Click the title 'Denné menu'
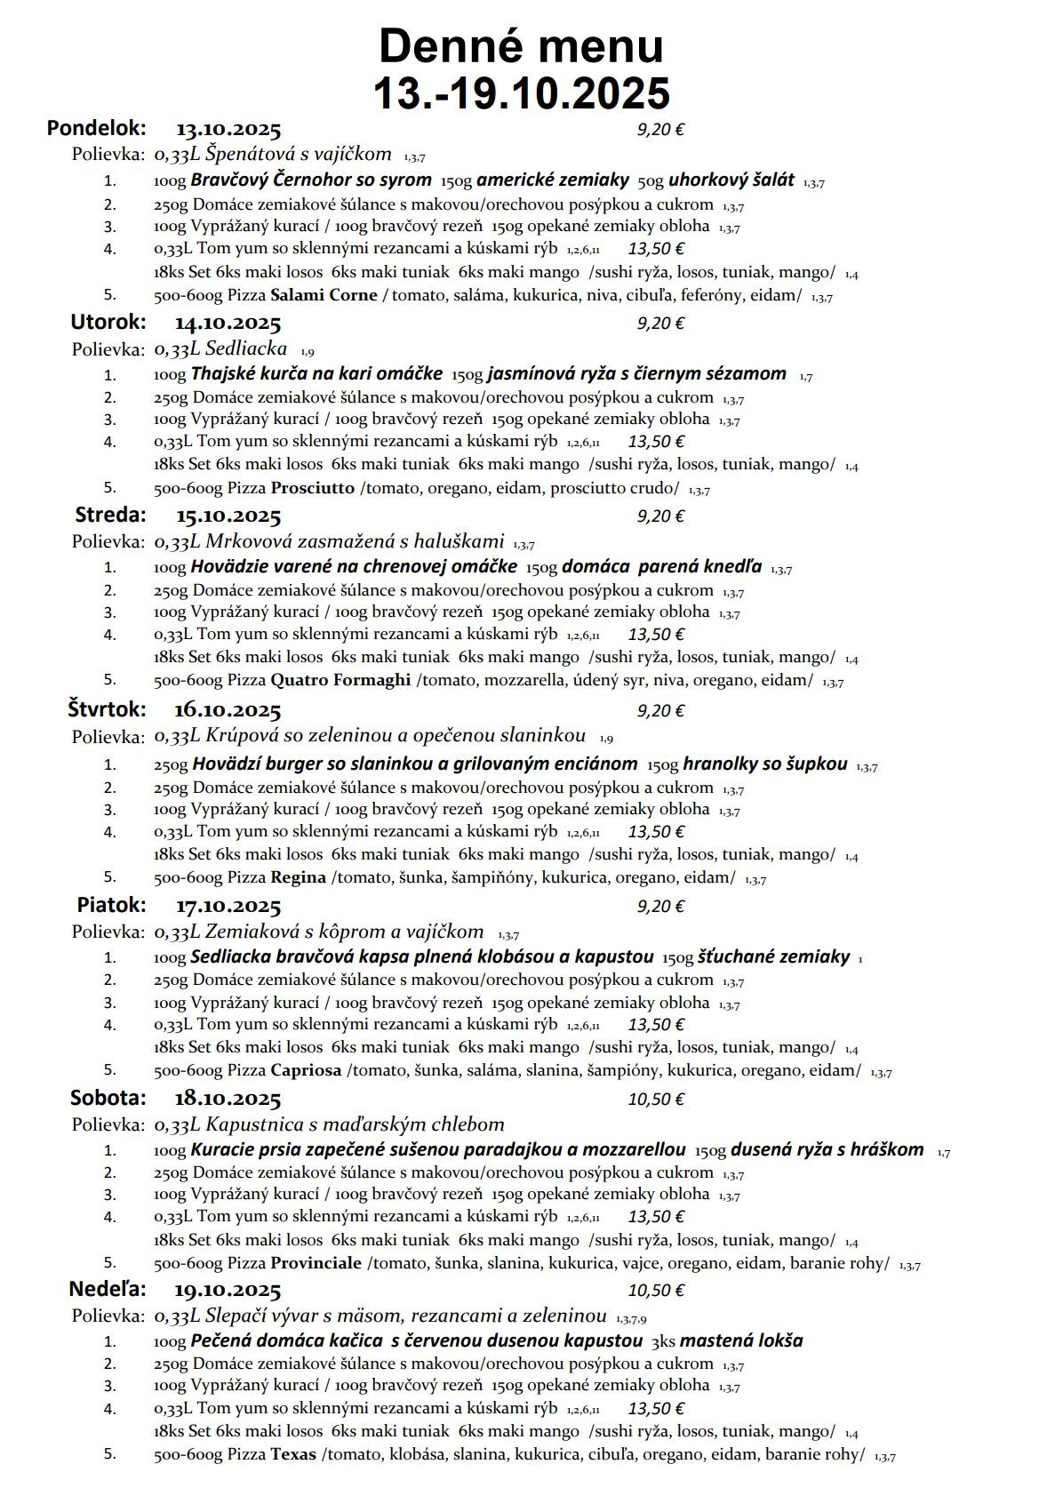(x=521, y=46)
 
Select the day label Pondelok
(x=96, y=128)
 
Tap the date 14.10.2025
(x=228, y=323)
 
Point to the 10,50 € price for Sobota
(x=656, y=1100)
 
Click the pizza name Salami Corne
(x=324, y=295)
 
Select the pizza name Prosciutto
(x=312, y=487)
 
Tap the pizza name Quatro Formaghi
(x=340, y=680)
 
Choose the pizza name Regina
(x=298, y=877)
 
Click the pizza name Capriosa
(x=306, y=1070)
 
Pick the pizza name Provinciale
(x=316, y=1263)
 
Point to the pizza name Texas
(x=293, y=1455)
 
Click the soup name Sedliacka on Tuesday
(x=245, y=348)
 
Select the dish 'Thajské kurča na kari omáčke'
(x=316, y=374)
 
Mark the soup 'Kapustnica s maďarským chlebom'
(x=355, y=1124)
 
